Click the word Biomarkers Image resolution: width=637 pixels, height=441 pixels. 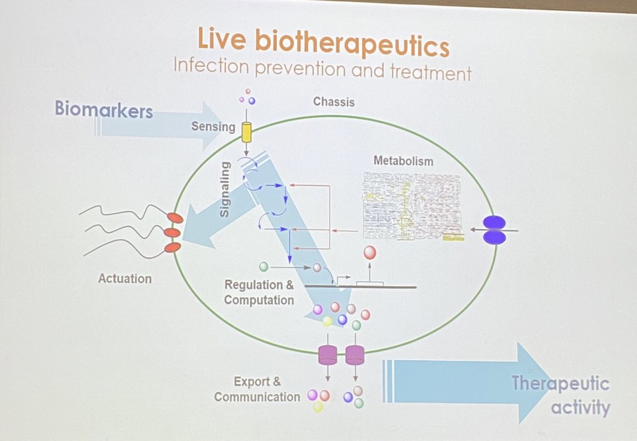[103, 110]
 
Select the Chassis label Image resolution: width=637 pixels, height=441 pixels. [333, 101]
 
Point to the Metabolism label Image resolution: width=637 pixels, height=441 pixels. [403, 160]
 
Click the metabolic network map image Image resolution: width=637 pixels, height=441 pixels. [413, 205]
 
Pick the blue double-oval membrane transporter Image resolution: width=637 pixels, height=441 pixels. [495, 230]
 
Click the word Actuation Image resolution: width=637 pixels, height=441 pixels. [124, 278]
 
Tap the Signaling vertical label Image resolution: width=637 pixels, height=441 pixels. [225, 189]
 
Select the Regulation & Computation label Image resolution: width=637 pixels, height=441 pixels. [259, 292]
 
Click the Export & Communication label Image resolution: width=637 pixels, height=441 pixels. [257, 389]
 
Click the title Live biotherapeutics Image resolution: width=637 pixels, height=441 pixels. [323, 42]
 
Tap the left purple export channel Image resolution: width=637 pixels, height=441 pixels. [327, 355]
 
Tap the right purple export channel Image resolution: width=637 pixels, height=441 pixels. [355, 355]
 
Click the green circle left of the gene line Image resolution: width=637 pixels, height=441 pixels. [263, 267]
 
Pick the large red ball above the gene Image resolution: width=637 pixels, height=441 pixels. [370, 253]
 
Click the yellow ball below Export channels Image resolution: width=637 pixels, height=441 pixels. [318, 407]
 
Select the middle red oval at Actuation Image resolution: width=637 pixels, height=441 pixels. [172, 233]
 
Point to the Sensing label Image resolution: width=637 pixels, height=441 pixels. [213, 128]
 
